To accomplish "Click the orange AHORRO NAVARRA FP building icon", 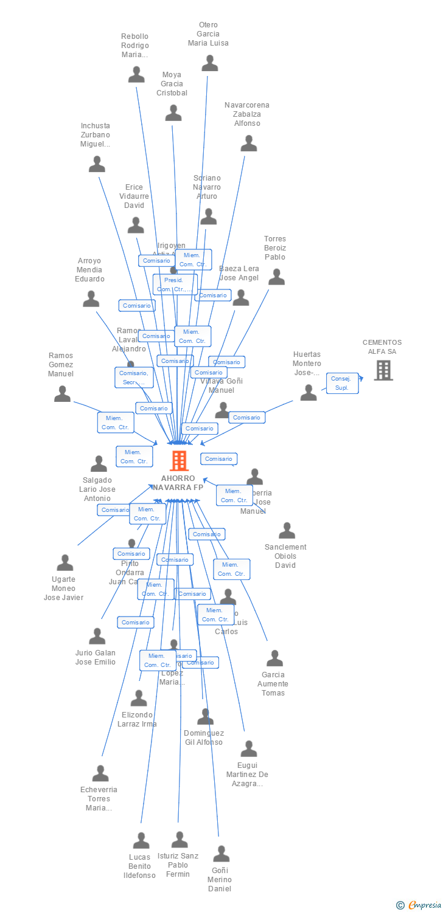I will (x=179, y=461).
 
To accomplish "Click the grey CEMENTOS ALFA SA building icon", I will (x=383, y=370).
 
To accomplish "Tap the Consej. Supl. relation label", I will (x=342, y=383).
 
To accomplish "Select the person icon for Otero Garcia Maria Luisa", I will (x=210, y=63).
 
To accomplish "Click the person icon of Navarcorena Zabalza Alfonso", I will (x=249, y=143).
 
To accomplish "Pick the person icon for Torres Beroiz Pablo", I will (x=276, y=277).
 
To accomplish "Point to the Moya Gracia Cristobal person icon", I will (x=173, y=113).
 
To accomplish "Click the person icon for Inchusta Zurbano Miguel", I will (x=97, y=164).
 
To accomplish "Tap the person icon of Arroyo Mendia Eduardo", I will (x=91, y=299).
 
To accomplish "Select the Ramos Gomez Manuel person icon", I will (x=62, y=394).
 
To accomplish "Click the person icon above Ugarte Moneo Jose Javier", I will (x=65, y=562).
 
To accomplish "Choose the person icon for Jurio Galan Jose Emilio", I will (x=97, y=637).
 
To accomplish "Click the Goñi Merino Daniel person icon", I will (x=221, y=854).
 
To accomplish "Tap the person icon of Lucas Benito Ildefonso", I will (x=141, y=841).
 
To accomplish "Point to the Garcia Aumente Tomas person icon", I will (x=274, y=658).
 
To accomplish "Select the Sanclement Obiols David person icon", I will (x=287, y=531).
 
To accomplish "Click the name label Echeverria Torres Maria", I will (x=99, y=798).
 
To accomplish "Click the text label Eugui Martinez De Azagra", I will (x=247, y=774).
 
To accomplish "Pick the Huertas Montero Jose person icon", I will (x=309, y=393).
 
